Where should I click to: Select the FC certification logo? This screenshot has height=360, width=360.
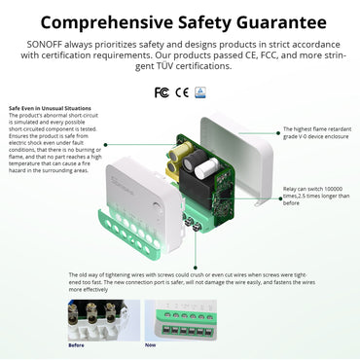[x=162, y=92]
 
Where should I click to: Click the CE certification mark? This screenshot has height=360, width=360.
[x=180, y=92]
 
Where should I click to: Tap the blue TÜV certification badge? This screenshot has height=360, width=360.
[x=198, y=92]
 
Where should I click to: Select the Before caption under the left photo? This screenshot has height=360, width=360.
[x=77, y=344]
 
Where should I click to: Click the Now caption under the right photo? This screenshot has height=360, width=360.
[x=150, y=344]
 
